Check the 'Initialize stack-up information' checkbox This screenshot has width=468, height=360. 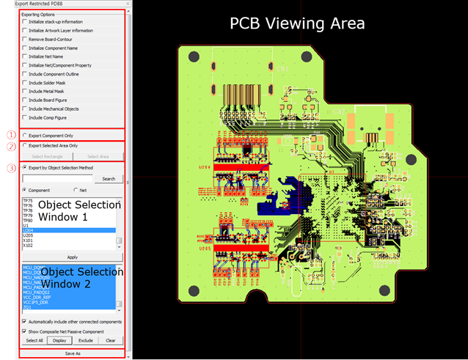[x=25, y=21]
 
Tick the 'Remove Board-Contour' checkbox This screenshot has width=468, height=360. [x=25, y=39]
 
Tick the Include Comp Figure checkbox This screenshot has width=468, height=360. [x=25, y=117]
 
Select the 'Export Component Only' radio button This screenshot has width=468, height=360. [x=25, y=136]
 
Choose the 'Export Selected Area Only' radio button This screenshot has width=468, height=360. [x=25, y=145]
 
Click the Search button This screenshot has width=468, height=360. [x=109, y=178]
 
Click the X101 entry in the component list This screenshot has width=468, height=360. [x=29, y=240]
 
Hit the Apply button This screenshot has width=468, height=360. [x=72, y=257]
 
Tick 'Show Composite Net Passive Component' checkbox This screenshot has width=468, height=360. [x=25, y=331]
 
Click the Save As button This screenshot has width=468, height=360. [x=72, y=353]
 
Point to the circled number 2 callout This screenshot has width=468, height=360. [x=10, y=145]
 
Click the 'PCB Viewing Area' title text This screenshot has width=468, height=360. [x=297, y=23]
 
